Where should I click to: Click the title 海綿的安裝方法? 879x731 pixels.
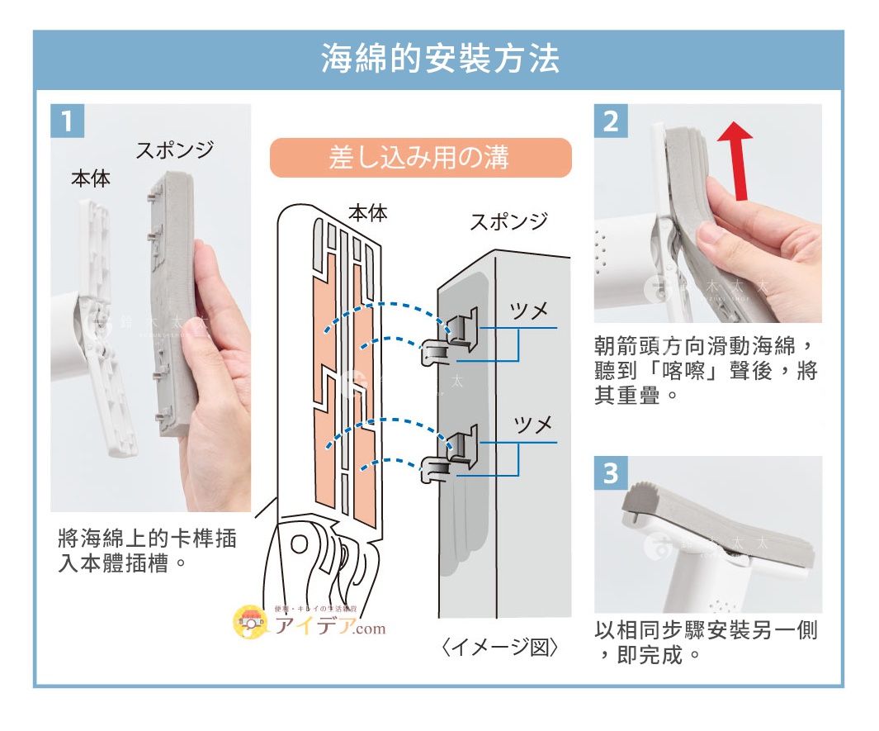click(x=439, y=59)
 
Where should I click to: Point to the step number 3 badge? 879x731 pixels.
click(x=611, y=473)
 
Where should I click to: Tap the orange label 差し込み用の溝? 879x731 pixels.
click(x=420, y=158)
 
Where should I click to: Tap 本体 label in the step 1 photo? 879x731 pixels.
click(x=91, y=178)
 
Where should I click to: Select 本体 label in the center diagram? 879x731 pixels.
click(x=368, y=212)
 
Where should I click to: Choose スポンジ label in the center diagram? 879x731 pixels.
click(x=509, y=221)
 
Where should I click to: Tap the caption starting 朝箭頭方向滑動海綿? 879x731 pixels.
click(x=706, y=370)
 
